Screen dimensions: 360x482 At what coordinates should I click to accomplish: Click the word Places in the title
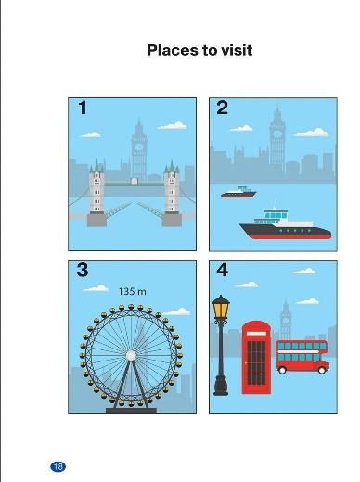point(172,50)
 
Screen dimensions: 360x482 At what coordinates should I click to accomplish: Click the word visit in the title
point(237,50)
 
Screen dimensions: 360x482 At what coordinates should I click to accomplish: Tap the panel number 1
point(83,108)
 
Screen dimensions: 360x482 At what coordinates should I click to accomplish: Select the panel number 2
point(222,108)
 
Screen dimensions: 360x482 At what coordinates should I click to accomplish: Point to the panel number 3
point(83,270)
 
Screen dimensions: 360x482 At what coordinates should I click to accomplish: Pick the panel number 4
point(223,270)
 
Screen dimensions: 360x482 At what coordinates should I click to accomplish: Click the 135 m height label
point(133,291)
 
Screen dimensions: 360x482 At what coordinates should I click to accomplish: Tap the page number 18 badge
point(58,466)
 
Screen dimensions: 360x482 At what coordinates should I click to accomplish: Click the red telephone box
point(256,358)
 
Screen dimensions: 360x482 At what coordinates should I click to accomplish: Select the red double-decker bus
point(302,357)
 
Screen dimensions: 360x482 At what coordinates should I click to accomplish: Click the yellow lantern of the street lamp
point(221,310)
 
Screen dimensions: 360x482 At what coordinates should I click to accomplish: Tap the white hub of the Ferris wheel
point(131,356)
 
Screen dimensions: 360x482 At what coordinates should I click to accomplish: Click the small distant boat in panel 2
point(238,192)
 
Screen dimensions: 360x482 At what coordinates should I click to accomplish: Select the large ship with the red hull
point(285,225)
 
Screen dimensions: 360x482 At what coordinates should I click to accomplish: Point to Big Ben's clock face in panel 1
point(139,146)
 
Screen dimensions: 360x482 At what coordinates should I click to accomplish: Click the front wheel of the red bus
point(322,370)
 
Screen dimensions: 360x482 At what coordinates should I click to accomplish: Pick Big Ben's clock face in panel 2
point(277,134)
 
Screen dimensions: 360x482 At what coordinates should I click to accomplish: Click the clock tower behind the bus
point(286,321)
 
